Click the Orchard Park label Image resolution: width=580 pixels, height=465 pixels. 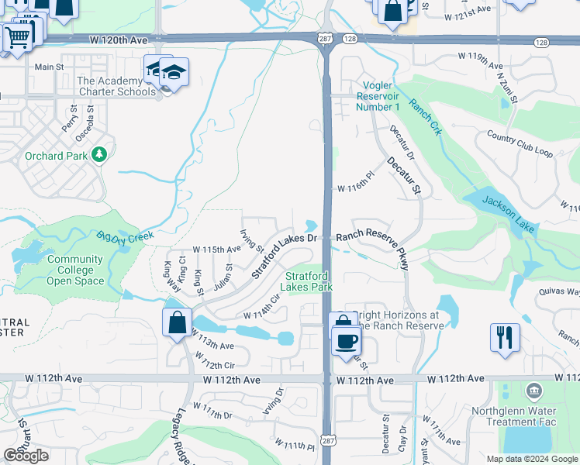pos(55,156)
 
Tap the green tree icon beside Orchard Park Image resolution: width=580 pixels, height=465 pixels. pos(98,155)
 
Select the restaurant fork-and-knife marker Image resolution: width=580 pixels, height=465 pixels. pos(504,337)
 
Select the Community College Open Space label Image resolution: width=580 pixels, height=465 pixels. pos(74,270)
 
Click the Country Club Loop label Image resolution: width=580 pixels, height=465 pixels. pos(520,145)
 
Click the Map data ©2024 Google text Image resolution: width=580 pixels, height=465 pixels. pos(531,459)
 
